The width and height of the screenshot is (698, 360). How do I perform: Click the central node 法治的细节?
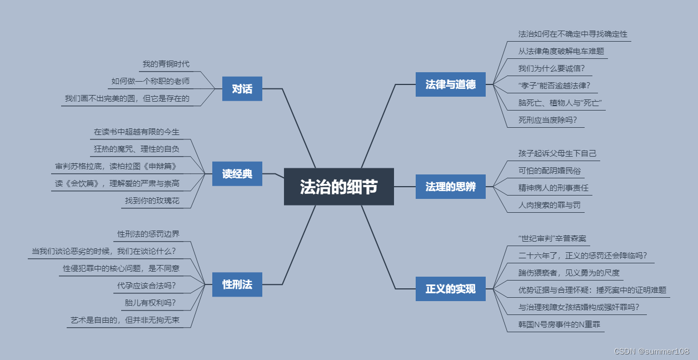click(338, 187)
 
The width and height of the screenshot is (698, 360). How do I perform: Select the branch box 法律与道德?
click(450, 84)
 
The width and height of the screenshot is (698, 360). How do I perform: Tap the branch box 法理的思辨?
click(450, 187)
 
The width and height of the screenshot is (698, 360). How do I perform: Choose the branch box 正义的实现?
click(450, 289)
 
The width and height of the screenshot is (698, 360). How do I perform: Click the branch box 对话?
click(242, 89)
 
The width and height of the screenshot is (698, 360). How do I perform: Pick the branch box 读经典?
click(237, 174)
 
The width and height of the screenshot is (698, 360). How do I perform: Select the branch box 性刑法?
click(237, 284)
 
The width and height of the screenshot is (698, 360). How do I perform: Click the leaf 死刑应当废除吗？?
click(547, 119)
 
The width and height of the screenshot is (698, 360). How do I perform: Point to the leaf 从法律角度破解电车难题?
click(561, 51)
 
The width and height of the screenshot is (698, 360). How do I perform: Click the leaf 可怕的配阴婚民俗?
click(550, 171)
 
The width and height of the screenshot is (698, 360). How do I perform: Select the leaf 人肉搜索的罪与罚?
click(550, 205)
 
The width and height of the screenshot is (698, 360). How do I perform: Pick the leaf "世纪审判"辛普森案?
click(552, 238)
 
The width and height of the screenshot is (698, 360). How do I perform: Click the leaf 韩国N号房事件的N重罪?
click(559, 324)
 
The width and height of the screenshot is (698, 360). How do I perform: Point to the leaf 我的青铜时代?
click(166, 64)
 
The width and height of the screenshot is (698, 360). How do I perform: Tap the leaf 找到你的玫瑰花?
click(152, 201)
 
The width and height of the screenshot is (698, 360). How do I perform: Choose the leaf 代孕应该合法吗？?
click(146, 286)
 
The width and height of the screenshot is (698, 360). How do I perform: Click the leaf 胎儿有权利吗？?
click(150, 303)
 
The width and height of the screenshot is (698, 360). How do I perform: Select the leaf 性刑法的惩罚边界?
click(148, 234)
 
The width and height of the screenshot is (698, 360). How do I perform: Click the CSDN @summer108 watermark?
click(651, 351)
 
